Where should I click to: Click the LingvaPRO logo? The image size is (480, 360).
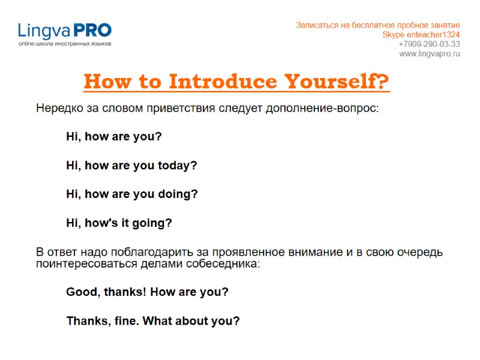tap(64, 31)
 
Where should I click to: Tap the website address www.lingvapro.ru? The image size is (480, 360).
tap(430, 53)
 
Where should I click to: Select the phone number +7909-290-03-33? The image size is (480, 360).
tap(429, 44)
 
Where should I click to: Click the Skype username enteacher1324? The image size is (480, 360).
tap(434, 34)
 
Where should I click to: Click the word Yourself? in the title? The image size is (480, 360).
tap(337, 81)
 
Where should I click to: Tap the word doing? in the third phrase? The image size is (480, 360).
tap(178, 194)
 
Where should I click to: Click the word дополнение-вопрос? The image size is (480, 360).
tap(329, 109)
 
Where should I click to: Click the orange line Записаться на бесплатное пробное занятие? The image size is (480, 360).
tap(378, 25)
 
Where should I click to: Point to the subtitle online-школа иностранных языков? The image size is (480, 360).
tap(64, 44)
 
